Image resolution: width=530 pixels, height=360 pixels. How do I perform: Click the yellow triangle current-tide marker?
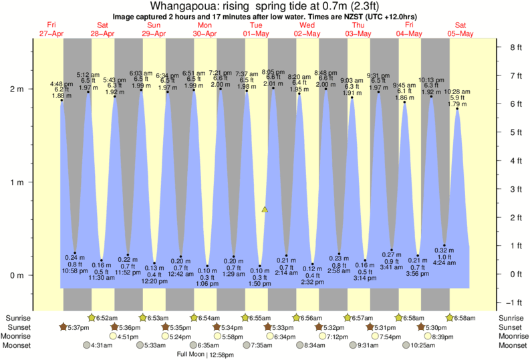265,210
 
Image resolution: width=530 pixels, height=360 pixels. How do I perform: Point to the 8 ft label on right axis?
515,47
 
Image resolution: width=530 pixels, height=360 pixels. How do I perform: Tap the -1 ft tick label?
515,303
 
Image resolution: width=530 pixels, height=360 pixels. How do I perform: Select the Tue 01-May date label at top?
255,29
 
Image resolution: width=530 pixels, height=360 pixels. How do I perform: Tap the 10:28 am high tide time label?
456,92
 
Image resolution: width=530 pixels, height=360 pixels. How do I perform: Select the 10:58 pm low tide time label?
75,270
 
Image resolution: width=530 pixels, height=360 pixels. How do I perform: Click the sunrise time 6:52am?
108,317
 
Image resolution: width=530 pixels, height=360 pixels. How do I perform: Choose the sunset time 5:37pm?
77,327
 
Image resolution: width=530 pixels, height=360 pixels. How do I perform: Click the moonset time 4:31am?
100,345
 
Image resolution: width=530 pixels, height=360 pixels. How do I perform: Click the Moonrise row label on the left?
19,336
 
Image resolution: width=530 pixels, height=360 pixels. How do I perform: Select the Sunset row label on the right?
511,327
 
